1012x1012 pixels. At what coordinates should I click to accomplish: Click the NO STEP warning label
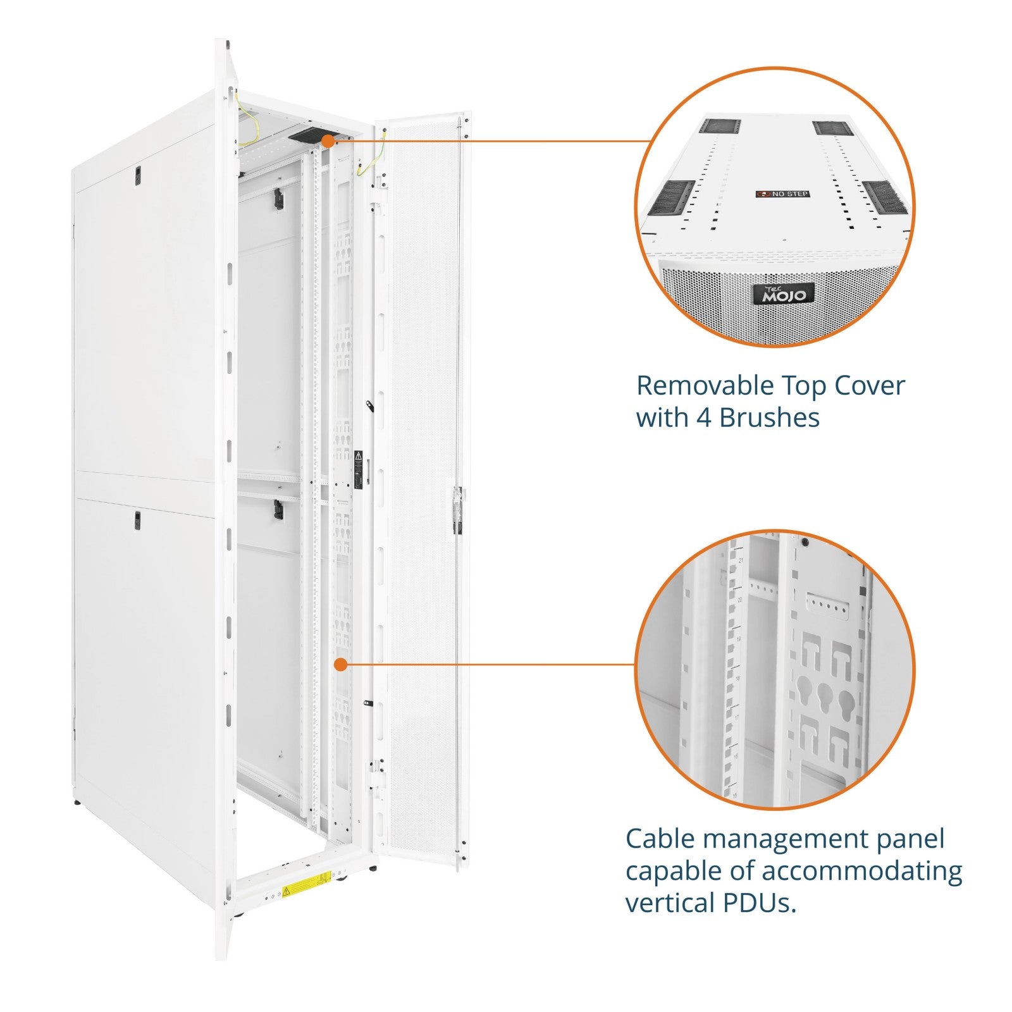782,194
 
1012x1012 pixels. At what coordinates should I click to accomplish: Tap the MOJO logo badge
784,293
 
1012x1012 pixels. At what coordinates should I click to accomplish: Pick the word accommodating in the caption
862,871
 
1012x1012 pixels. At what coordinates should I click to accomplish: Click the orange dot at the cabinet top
328,141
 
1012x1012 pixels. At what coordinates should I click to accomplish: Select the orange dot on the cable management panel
340,664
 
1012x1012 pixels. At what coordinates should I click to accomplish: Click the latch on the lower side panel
137,520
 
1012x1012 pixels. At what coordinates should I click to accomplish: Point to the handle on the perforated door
457,510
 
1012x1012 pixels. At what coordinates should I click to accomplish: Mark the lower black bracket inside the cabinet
278,509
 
